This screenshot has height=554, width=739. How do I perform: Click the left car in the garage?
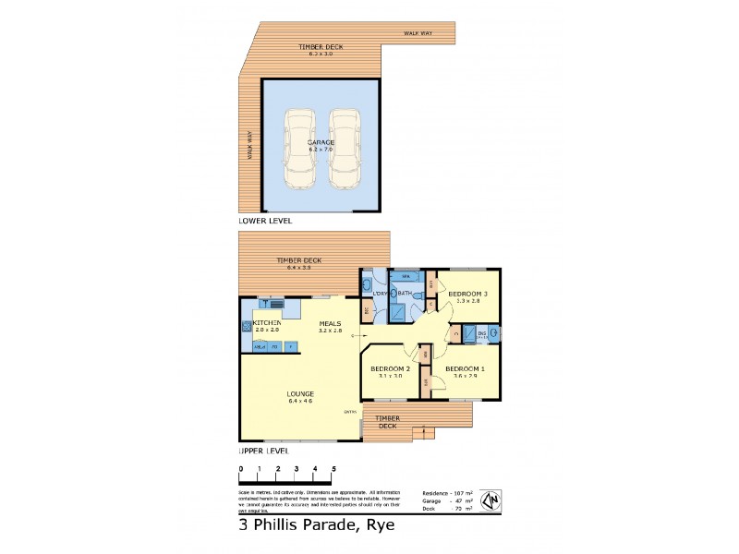coord(298,150)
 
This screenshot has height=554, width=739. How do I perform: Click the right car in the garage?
coord(345,150)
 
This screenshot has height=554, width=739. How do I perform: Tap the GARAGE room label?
coord(321,143)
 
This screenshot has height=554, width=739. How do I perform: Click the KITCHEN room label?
coord(266,322)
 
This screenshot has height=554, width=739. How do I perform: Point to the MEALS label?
coord(330,322)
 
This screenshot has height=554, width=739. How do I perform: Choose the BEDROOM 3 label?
coord(467,294)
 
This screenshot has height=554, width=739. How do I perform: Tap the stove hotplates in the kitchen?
coord(246,325)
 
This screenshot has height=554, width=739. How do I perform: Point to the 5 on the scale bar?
coord(333,469)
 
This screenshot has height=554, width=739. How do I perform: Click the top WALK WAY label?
coord(418,34)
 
